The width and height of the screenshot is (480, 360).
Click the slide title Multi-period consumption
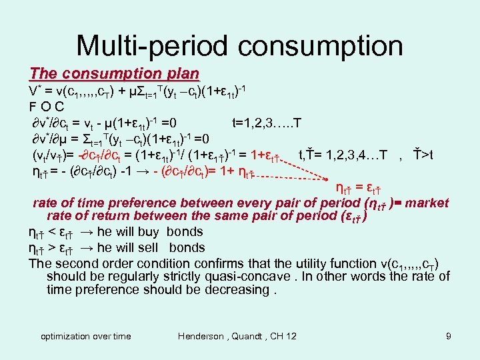coord(239,45)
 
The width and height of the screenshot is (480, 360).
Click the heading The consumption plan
coord(114,73)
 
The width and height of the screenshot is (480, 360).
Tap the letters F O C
coord(46,106)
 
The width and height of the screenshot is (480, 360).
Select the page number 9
coord(449,336)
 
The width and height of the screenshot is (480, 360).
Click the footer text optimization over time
coord(86,336)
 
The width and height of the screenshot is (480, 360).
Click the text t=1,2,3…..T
coord(266,123)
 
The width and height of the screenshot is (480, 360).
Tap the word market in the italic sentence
coord(426,203)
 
